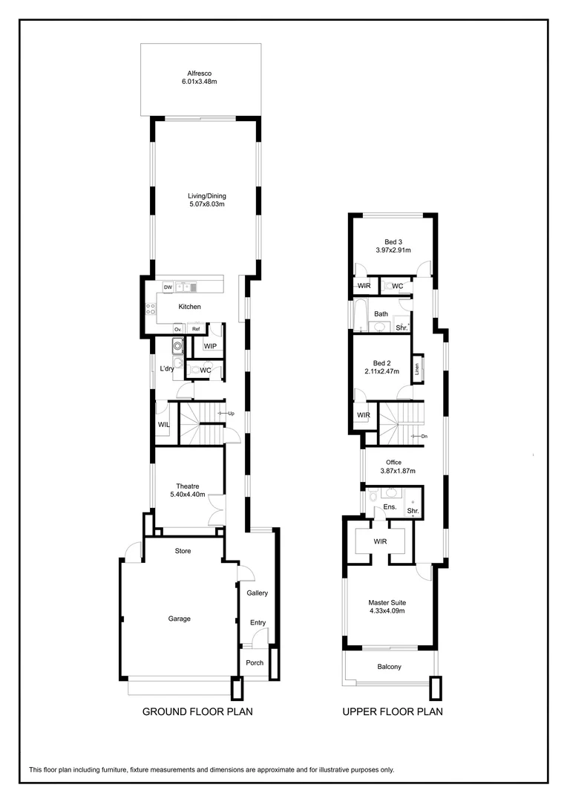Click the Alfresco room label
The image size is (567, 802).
[x=200, y=74]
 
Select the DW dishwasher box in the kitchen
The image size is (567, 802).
[x=168, y=287]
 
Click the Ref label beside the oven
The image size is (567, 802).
[x=196, y=328]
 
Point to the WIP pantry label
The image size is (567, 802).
[x=210, y=346]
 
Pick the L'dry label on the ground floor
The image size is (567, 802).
[x=167, y=369]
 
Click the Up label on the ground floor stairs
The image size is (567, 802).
[x=232, y=414]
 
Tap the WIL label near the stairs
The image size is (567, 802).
[x=163, y=425]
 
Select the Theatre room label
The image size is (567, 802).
[x=187, y=486]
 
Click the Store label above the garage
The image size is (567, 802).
[x=183, y=551]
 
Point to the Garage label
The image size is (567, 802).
[x=179, y=619]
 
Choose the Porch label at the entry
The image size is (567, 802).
[x=255, y=663]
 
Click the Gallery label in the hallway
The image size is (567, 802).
[x=257, y=593]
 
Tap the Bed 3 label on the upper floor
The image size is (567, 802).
[x=393, y=242]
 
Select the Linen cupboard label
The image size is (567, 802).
[x=418, y=365]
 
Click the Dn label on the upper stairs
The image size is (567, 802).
[x=423, y=437]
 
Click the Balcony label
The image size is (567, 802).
[x=389, y=667]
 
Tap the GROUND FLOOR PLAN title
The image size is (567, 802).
[x=197, y=711]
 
